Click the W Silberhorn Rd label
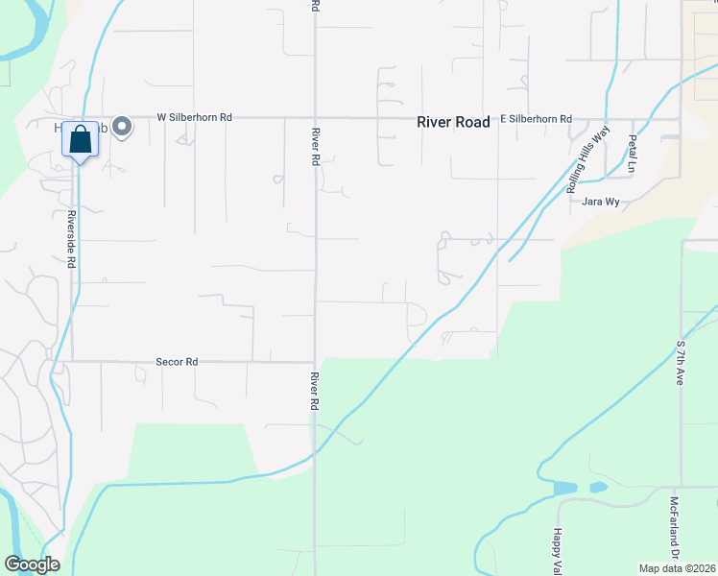(195, 118)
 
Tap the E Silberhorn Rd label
(537, 119)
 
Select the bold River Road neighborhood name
(453, 122)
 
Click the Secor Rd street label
(177, 362)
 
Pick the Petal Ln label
(632, 154)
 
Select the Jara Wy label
(599, 202)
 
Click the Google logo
(32, 564)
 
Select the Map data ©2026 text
(678, 567)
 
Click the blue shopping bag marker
(81, 140)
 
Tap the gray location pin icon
(122, 127)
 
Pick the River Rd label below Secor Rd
(314, 393)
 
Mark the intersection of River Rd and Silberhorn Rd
(316, 118)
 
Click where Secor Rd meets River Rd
(316, 362)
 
